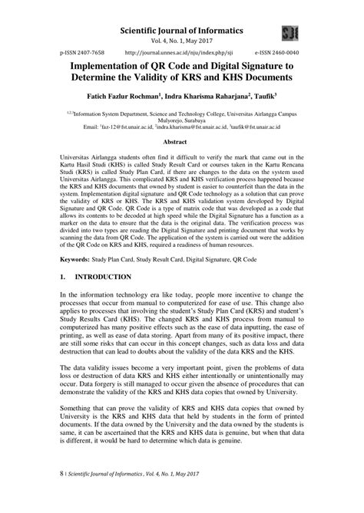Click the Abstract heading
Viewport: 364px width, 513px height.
point(181,142)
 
